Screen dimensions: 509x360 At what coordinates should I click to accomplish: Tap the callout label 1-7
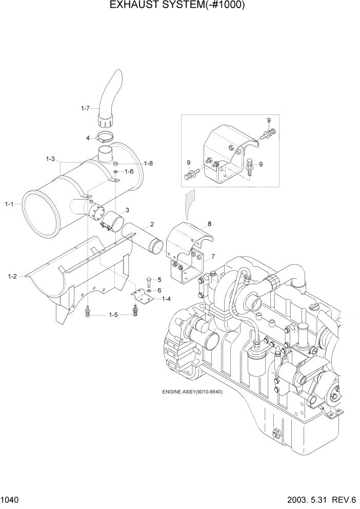[x=85, y=108]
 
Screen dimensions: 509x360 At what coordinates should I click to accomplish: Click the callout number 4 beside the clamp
[x=88, y=138]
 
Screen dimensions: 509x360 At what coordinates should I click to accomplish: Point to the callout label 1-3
[x=50, y=159]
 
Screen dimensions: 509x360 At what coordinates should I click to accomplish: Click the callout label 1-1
[x=9, y=204]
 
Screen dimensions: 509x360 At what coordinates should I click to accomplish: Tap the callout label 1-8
[x=148, y=163]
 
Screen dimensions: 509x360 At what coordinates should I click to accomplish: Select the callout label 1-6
[x=129, y=171]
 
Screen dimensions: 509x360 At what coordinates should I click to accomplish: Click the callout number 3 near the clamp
[x=127, y=210]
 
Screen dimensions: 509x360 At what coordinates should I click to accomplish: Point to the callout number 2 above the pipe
[x=152, y=224]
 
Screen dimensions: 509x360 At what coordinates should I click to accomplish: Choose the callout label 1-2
[x=12, y=277]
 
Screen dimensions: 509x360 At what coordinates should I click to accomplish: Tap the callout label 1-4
[x=166, y=299]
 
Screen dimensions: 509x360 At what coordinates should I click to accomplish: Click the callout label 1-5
[x=113, y=315]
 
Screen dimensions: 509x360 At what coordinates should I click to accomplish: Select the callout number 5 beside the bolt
[x=159, y=280]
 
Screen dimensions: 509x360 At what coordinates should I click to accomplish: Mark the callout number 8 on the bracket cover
[x=209, y=224]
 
